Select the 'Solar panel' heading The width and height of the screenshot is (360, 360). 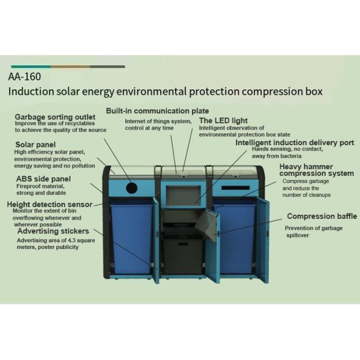[35, 145]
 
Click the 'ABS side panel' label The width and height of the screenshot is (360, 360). [43, 179]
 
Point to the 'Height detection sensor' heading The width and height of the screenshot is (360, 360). [50, 205]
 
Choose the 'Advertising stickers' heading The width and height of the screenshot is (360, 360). [53, 231]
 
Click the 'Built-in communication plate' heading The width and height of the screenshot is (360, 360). [157, 111]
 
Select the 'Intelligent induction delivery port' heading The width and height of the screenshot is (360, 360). [294, 143]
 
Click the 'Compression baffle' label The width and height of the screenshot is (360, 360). [322, 216]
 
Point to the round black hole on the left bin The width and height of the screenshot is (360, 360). [132, 188]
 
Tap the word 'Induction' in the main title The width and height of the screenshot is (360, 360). [30, 92]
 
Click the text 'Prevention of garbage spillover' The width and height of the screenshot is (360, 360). [314, 232]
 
